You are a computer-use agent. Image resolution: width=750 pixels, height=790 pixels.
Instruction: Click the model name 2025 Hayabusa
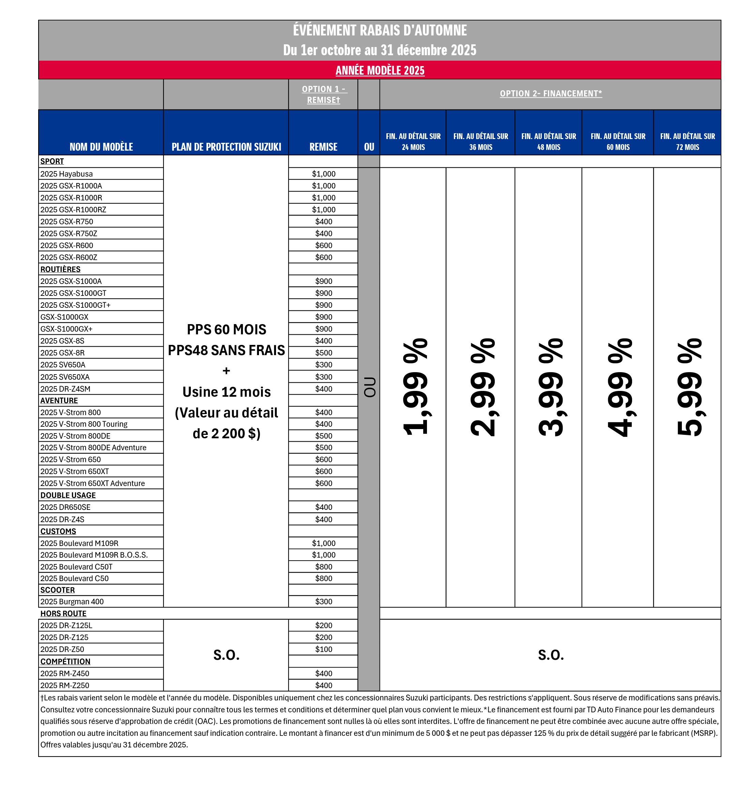click(66, 174)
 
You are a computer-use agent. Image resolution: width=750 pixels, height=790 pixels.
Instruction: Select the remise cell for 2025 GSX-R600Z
click(323, 257)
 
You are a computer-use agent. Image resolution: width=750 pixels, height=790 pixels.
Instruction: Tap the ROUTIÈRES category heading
click(60, 269)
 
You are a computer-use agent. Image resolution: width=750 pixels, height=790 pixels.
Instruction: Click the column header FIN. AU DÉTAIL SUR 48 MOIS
click(548, 141)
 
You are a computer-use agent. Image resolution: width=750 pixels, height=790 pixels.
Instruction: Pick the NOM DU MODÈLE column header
click(101, 147)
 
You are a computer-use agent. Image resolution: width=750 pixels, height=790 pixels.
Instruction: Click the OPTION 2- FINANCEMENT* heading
click(551, 93)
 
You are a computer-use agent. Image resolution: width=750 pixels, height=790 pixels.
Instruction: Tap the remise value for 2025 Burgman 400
click(323, 601)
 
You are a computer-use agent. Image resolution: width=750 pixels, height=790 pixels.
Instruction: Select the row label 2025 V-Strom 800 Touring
click(83, 424)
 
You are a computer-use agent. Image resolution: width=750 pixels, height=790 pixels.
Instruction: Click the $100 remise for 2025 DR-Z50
click(323, 649)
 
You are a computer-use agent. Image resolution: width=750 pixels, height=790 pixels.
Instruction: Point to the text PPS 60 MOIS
click(226, 330)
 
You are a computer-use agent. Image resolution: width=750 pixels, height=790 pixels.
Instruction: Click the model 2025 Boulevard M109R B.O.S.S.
click(94, 555)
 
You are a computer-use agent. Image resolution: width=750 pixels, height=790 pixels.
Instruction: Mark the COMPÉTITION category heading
click(65, 661)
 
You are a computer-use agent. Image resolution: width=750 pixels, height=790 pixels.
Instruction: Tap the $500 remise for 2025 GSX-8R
click(323, 353)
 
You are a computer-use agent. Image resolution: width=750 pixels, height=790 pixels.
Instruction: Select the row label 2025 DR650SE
click(65, 507)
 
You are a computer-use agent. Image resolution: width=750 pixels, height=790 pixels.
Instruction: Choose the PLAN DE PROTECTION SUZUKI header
click(226, 147)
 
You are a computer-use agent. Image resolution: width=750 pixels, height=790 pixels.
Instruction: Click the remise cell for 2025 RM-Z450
click(323, 673)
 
